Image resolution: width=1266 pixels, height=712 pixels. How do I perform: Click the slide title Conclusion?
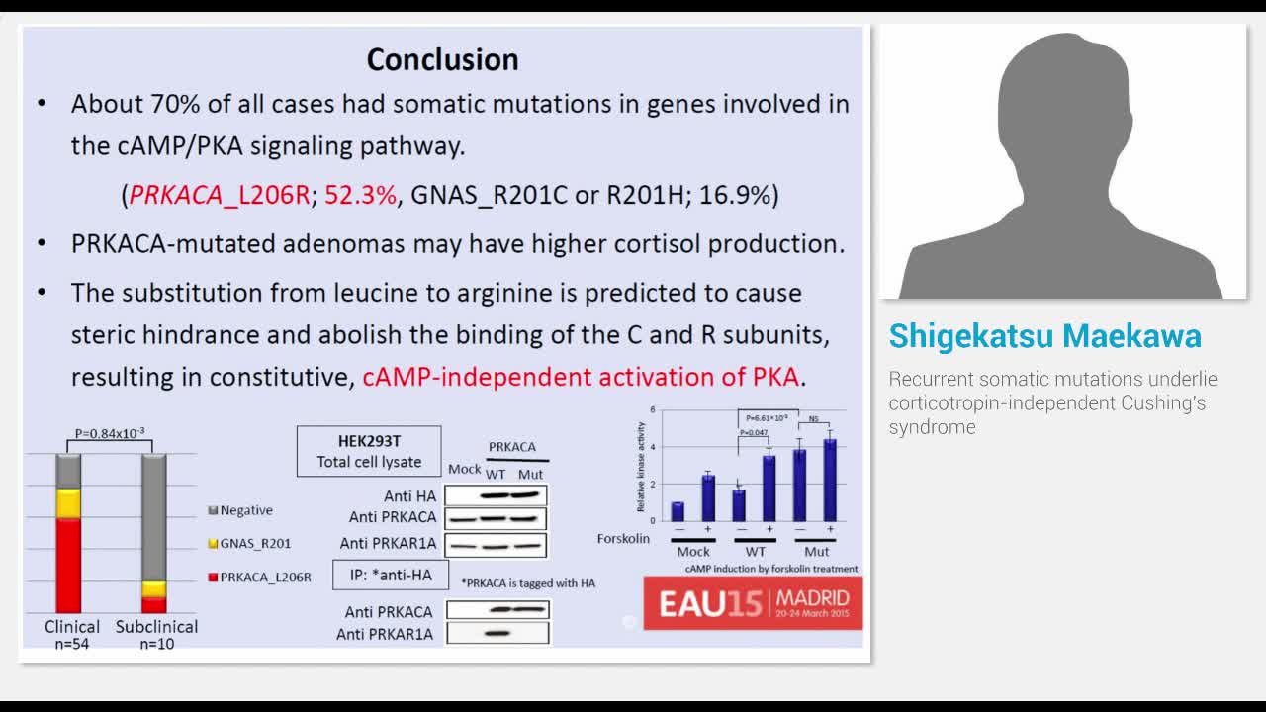pyautogui.click(x=442, y=59)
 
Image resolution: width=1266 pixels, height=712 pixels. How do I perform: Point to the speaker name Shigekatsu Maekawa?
pyautogui.click(x=1044, y=336)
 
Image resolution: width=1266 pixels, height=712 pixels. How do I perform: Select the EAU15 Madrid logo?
pyautogui.click(x=753, y=602)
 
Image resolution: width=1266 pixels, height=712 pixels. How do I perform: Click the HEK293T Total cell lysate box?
pyautogui.click(x=369, y=451)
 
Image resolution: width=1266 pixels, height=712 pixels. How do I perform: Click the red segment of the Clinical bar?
pyautogui.click(x=68, y=565)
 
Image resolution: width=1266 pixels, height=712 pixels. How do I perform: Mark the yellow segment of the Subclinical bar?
pyautogui.click(x=153, y=589)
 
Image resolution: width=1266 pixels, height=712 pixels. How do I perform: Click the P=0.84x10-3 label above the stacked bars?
pyautogui.click(x=110, y=433)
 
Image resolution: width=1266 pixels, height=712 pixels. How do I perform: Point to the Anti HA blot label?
pyautogui.click(x=409, y=496)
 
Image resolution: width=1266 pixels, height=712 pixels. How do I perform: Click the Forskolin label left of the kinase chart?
pyautogui.click(x=623, y=538)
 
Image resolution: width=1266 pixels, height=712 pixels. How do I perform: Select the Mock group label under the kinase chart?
pyautogui.click(x=693, y=552)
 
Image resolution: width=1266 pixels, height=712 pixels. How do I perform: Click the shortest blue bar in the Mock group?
pyautogui.click(x=678, y=510)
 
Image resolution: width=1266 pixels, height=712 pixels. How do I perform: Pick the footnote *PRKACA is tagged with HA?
pyautogui.click(x=528, y=583)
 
